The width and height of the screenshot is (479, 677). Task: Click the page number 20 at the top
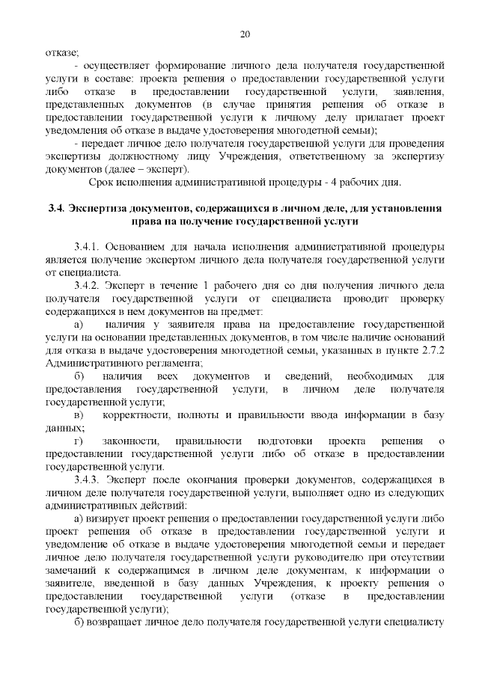244,34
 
